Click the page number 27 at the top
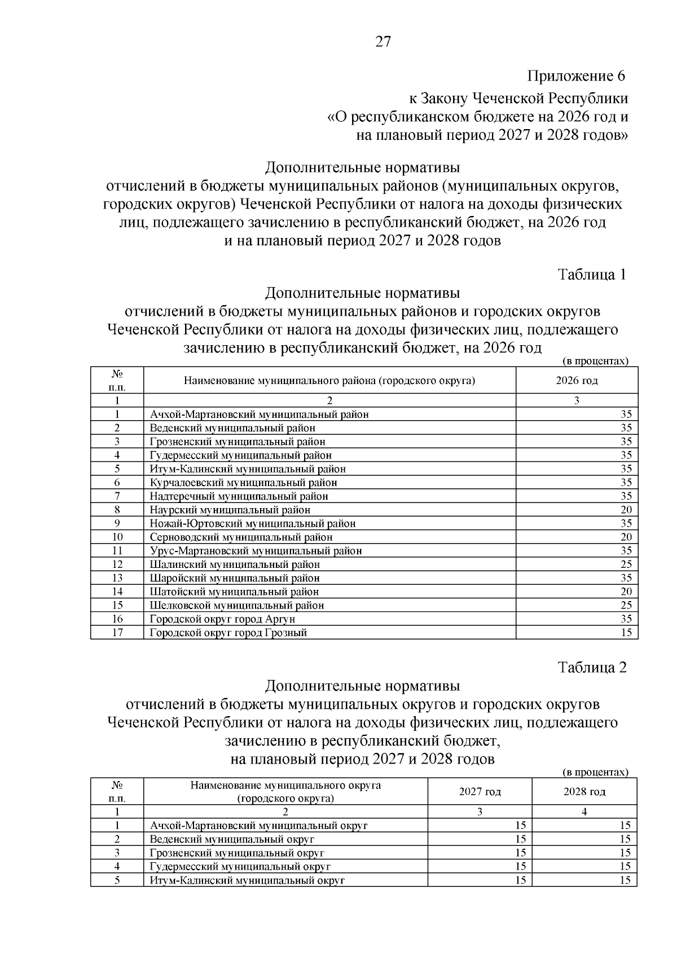tap(383, 42)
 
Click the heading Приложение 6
tap(577, 76)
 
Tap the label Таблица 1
tap(592, 275)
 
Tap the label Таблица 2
tap(592, 668)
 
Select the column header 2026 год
tap(577, 380)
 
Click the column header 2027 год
tap(480, 792)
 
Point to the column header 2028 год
tap(584, 792)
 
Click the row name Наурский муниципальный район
tap(230, 510)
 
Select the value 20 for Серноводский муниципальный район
tap(626, 537)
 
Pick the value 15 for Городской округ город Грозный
tap(626, 633)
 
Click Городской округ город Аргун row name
tap(222, 619)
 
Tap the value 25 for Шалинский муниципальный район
tap(626, 565)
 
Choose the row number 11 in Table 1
tap(117, 551)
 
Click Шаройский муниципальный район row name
tap(235, 578)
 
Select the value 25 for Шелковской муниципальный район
tap(626, 606)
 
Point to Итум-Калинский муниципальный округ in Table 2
tap(247, 880)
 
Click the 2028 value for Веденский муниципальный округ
tap(625, 839)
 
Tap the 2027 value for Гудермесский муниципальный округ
tap(520, 867)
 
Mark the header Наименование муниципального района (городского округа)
tap(329, 380)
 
